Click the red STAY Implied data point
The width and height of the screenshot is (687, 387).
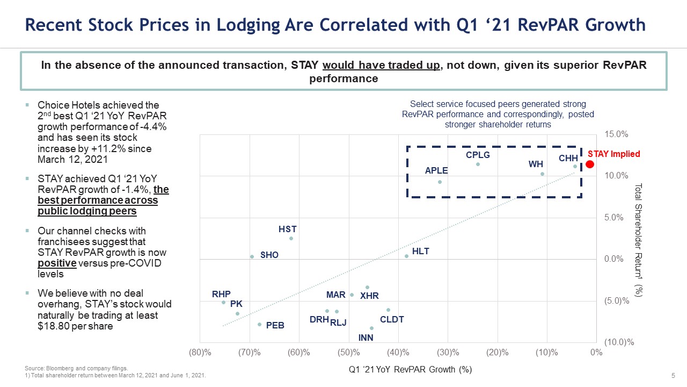click(x=589, y=164)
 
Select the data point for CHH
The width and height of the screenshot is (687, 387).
click(x=575, y=167)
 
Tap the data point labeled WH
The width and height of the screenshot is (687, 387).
click(x=542, y=174)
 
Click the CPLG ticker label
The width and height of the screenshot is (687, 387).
click(x=478, y=155)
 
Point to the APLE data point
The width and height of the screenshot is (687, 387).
click(x=440, y=182)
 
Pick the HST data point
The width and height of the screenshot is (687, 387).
click(x=291, y=238)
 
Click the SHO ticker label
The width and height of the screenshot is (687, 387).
click(x=269, y=255)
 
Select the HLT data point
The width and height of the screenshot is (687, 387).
click(x=406, y=256)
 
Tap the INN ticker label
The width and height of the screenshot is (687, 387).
click(x=366, y=338)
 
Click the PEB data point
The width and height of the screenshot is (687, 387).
click(x=259, y=324)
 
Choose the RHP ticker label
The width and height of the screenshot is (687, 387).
click(x=221, y=294)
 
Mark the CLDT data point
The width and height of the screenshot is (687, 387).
click(x=388, y=310)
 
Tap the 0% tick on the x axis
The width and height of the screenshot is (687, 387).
click(x=596, y=353)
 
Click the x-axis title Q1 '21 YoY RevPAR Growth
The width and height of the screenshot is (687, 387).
click(x=410, y=369)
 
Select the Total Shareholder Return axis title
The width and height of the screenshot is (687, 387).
click(x=638, y=240)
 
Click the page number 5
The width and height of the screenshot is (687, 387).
click(x=673, y=375)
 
